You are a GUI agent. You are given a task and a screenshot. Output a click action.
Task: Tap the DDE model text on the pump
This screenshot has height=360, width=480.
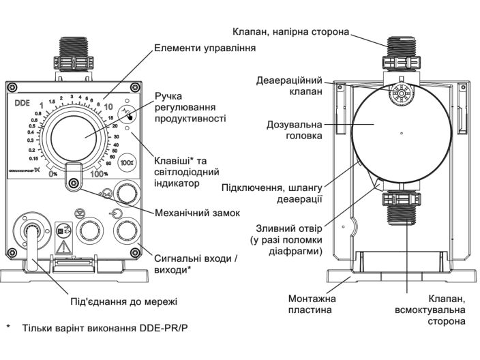25,104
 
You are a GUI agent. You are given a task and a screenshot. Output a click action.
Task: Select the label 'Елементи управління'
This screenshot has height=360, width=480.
205,48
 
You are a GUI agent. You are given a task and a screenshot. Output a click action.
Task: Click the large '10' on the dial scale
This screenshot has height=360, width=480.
108,106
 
